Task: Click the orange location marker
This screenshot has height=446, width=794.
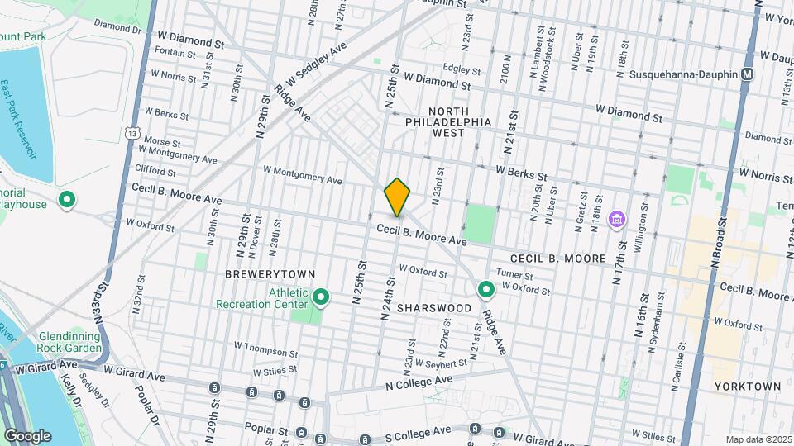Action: click(x=397, y=197)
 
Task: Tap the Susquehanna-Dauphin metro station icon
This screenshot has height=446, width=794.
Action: click(x=747, y=74)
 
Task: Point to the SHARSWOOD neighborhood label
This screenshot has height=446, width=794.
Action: click(x=433, y=307)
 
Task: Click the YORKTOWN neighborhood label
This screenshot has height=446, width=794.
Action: click(x=750, y=386)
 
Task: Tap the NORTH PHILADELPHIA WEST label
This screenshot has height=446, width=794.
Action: click(x=448, y=121)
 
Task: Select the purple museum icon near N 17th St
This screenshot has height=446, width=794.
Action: click(x=616, y=221)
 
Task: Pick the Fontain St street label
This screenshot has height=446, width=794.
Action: click(x=169, y=53)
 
